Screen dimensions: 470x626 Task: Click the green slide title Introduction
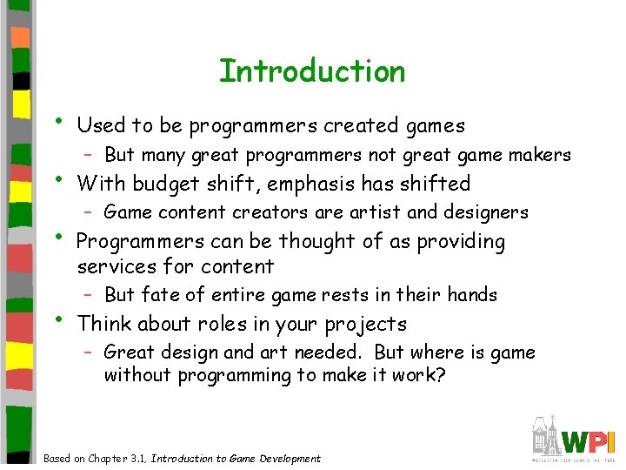[312, 70]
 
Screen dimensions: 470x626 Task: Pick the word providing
[461, 242]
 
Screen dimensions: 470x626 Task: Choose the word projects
[365, 325]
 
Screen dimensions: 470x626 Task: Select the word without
[137, 375]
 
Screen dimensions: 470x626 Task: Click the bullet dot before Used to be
[57, 118]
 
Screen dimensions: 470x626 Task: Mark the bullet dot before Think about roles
[57, 317]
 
